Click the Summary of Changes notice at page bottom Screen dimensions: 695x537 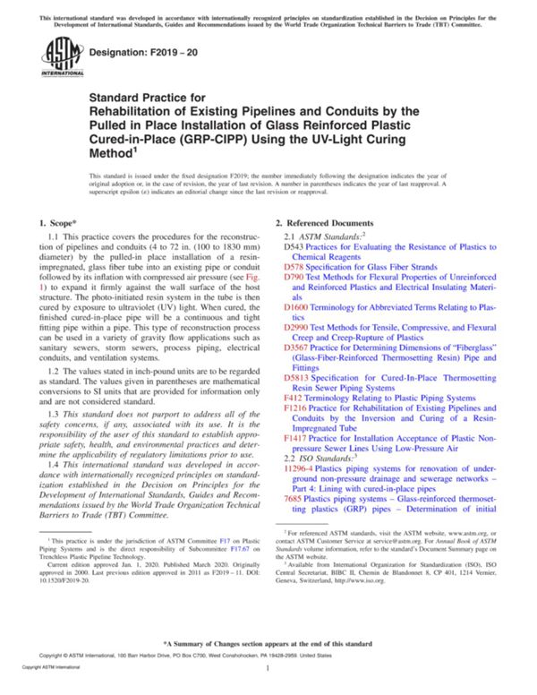(x=268, y=644)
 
